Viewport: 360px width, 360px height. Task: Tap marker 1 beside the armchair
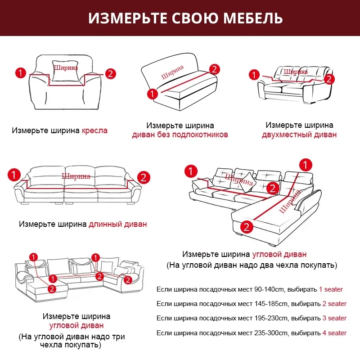pos(20,72)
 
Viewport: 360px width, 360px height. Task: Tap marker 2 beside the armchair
pos(111,73)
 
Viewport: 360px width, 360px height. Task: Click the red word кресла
pos(94,131)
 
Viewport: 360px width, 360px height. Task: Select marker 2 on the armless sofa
pos(215,69)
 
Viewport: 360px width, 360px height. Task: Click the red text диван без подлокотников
pos(180,135)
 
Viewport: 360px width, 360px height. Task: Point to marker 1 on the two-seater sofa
pos(255,74)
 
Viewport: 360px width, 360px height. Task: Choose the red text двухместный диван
pos(299,135)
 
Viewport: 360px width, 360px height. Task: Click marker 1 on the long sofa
pos(14,174)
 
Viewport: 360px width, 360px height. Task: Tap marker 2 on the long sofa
pos(144,177)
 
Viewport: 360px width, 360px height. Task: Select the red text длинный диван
pos(118,224)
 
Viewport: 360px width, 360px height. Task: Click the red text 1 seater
pos(331,289)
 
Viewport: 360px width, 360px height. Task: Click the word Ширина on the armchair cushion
pos(66,68)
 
